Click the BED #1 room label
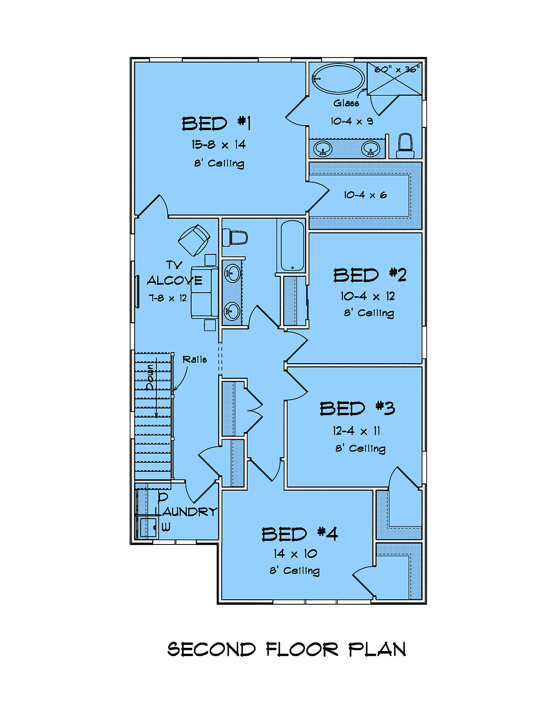(216, 123)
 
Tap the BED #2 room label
(369, 275)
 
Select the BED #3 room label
(357, 408)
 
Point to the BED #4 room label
(299, 534)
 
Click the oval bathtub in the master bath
(338, 79)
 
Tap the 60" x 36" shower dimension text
(397, 69)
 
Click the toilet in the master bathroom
(405, 146)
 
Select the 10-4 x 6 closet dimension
(365, 195)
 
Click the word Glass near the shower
(346, 103)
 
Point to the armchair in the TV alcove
(194, 240)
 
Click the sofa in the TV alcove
(204, 292)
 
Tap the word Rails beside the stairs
(194, 359)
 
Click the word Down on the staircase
(151, 378)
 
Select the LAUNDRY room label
(186, 511)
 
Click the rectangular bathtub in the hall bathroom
(292, 246)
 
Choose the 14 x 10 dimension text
(295, 553)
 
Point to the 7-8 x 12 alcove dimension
(168, 298)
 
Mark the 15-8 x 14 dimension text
(219, 145)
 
